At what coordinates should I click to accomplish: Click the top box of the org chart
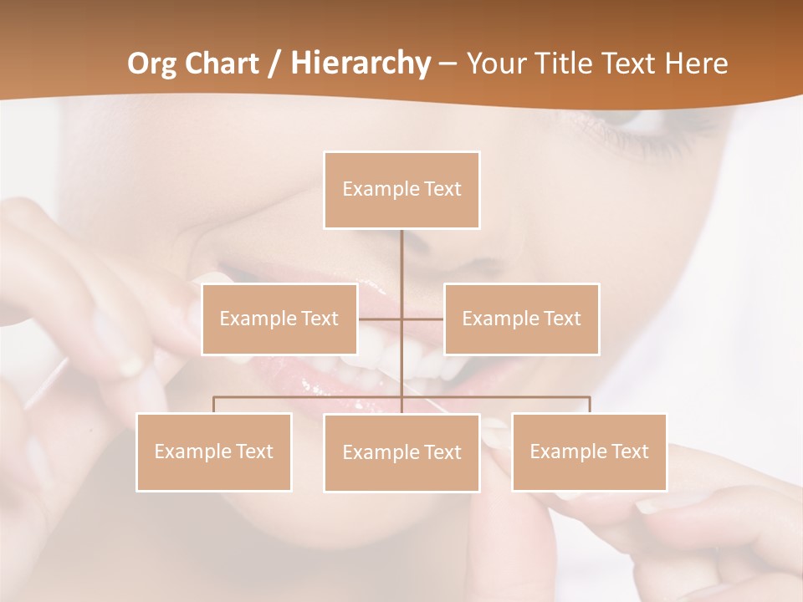[401, 190]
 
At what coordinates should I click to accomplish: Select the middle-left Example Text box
[279, 319]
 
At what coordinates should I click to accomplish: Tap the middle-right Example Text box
[521, 319]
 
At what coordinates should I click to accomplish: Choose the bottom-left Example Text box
[213, 451]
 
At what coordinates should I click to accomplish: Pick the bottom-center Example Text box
[401, 452]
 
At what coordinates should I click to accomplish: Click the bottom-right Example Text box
[589, 451]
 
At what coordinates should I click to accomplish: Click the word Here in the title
[697, 64]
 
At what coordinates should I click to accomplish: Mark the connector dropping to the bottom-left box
[214, 405]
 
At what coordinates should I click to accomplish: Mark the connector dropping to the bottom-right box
[590, 405]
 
